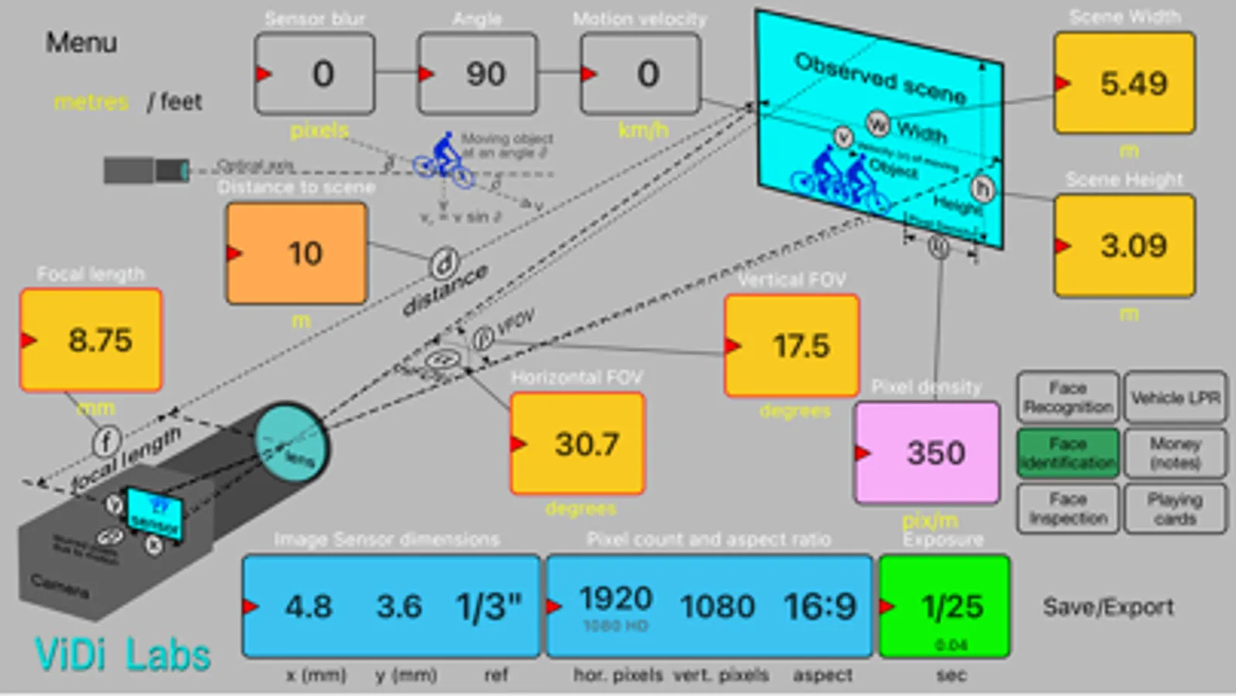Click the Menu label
81,43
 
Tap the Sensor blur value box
315,74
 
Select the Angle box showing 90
478,74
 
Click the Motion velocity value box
641,74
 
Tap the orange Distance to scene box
297,254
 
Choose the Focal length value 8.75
91,340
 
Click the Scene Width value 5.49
1125,84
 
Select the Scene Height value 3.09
1125,246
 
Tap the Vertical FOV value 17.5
792,346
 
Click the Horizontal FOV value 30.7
578,444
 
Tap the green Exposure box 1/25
945,607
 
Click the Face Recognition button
1068,397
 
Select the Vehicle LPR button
1175,397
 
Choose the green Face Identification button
1068,453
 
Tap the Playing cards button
1175,509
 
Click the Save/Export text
1108,607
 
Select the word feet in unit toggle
181,101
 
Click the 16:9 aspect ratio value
820,607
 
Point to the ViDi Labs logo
123,655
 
